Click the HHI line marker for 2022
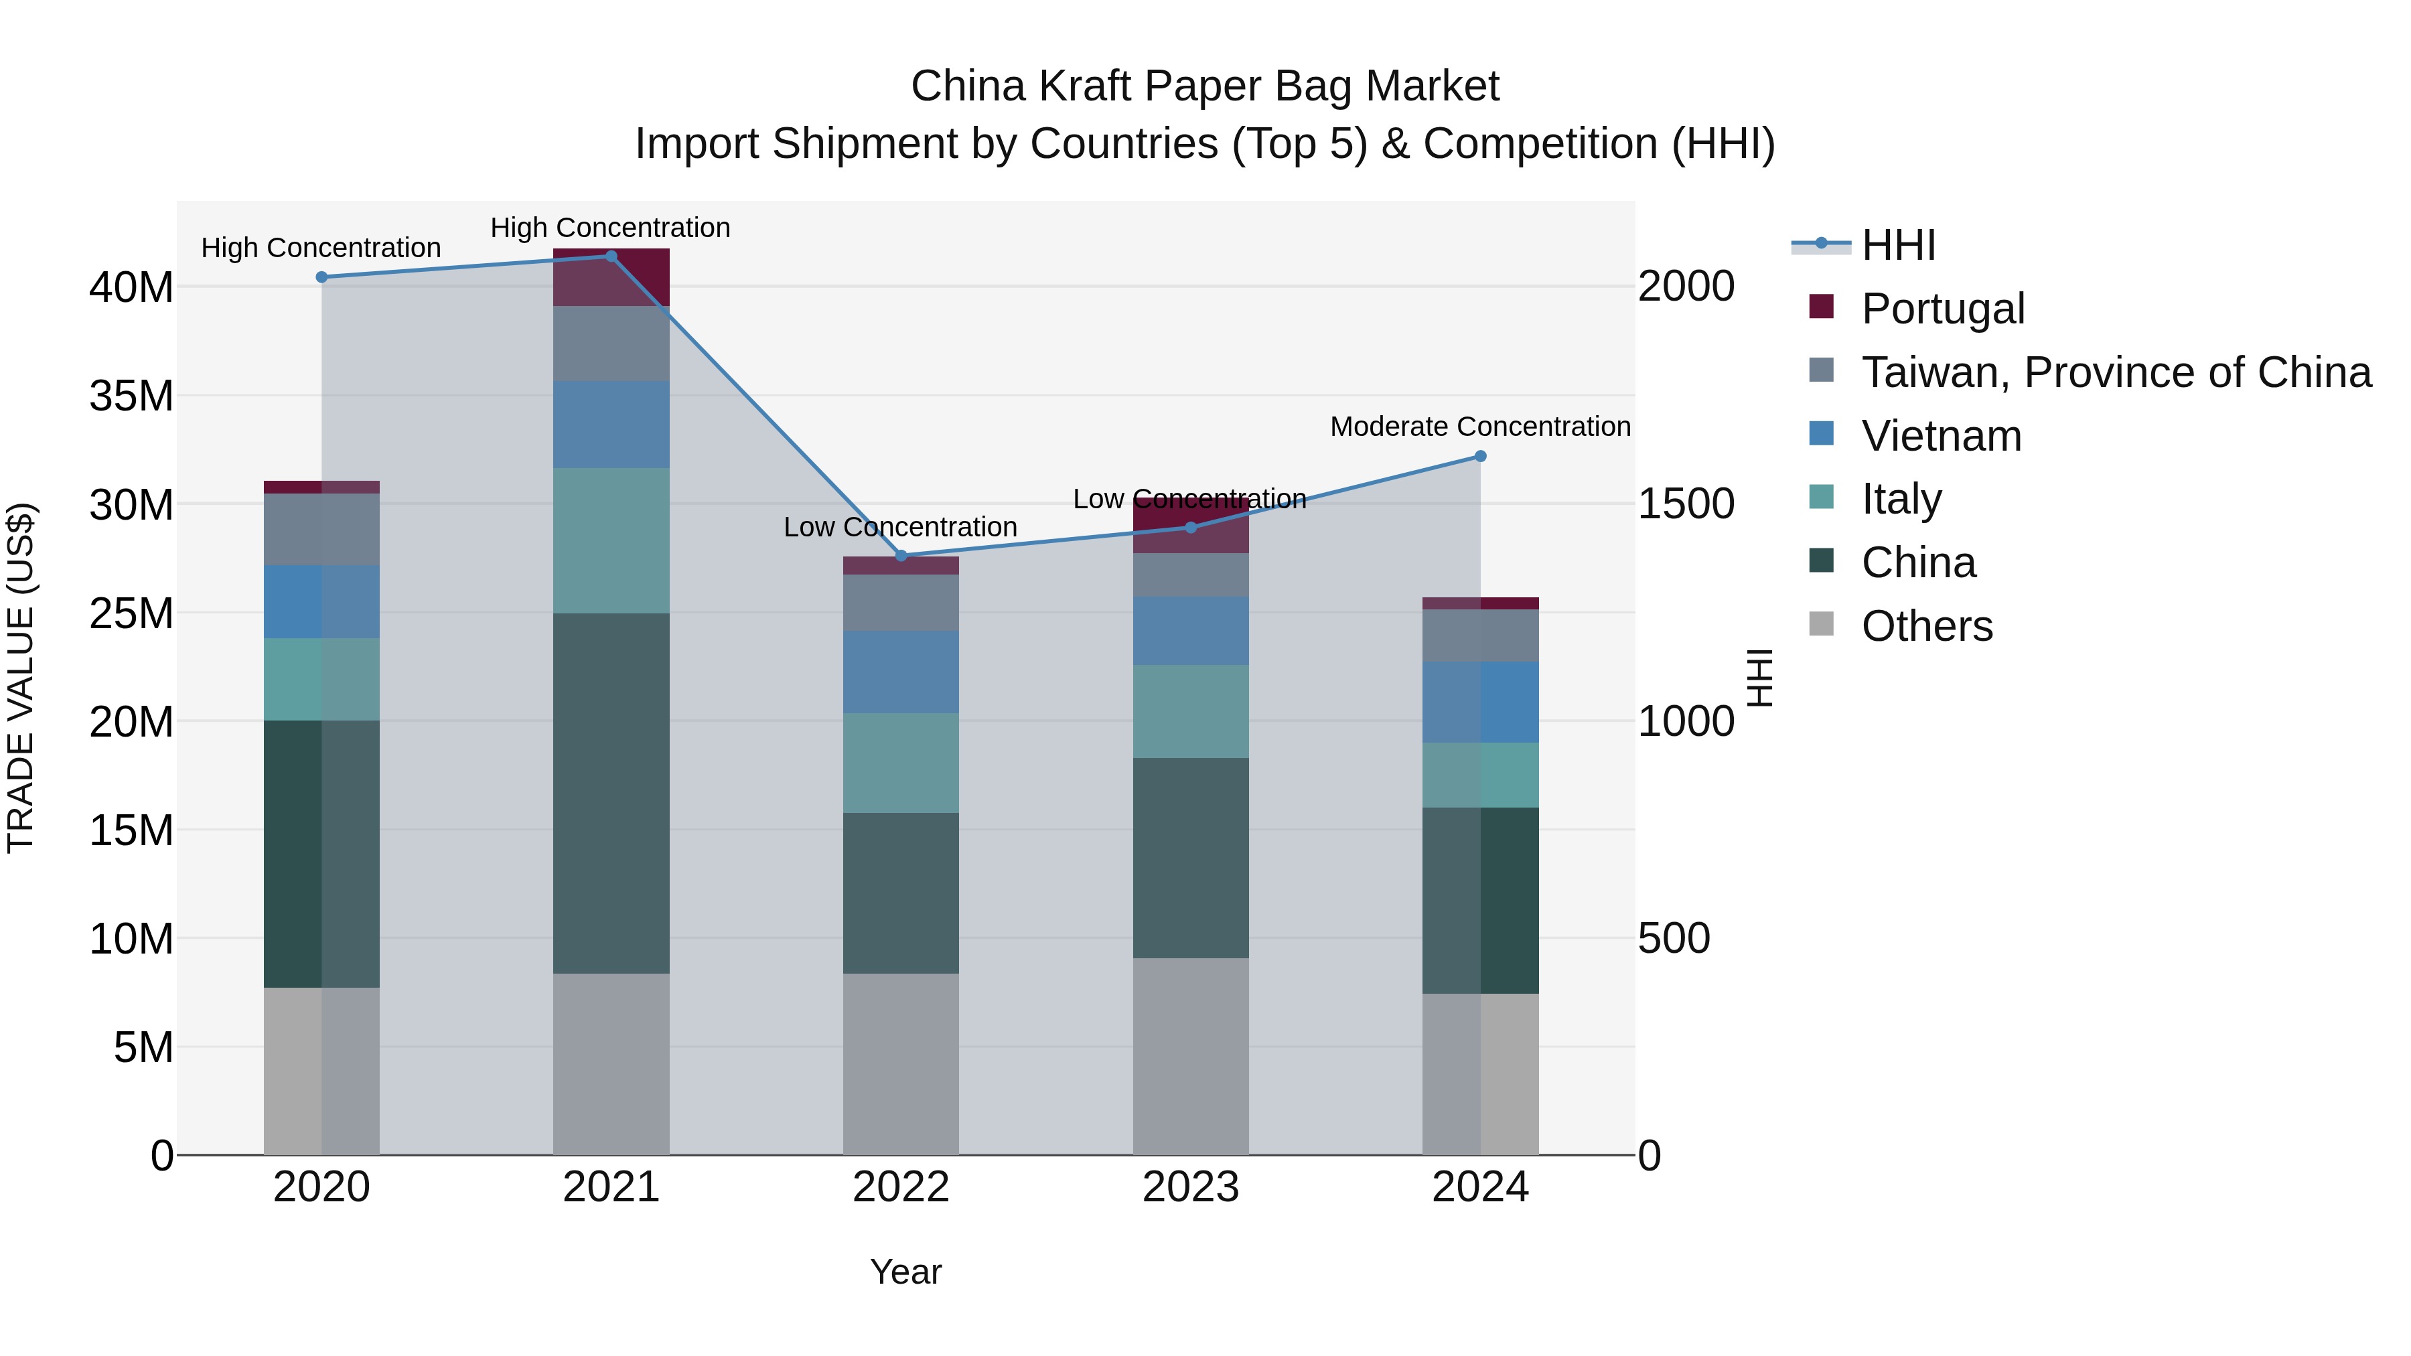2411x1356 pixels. coord(901,556)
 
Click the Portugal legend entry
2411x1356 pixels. coord(1942,309)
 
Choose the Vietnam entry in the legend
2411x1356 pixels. coord(1941,436)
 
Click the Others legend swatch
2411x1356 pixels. coord(1822,624)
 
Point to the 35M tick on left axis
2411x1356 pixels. coord(131,396)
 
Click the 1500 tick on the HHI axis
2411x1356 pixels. coord(1686,504)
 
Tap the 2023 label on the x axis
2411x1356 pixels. coord(1191,1187)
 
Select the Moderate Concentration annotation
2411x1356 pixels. coord(1479,427)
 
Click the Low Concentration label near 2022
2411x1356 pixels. coord(900,527)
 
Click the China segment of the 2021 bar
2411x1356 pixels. coord(611,794)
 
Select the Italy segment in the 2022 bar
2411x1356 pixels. coord(901,763)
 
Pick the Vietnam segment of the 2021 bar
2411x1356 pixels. coord(611,424)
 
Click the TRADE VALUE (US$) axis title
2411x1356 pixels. coord(21,678)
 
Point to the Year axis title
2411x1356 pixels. coord(905,1272)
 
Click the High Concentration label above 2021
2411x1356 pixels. coord(610,228)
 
